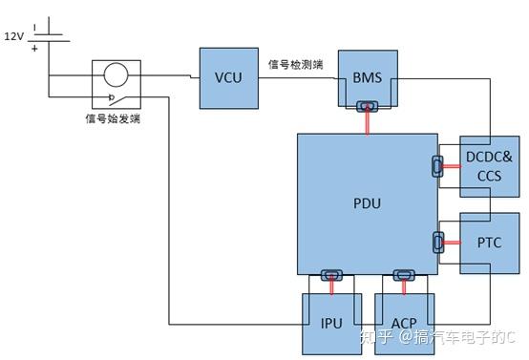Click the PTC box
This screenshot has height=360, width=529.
pos(489,244)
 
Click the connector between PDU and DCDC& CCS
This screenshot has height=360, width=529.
pos(438,168)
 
